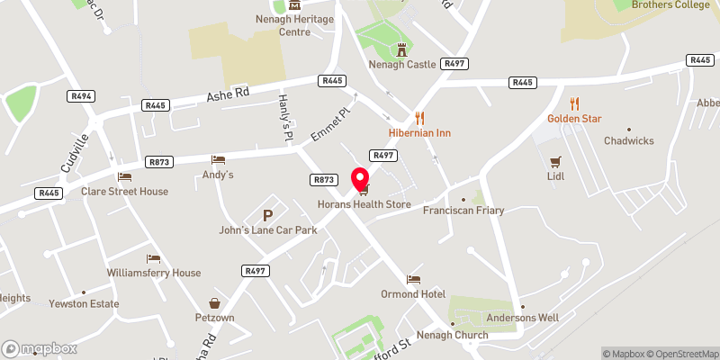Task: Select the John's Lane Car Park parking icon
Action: (x=267, y=215)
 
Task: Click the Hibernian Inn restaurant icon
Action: (x=419, y=118)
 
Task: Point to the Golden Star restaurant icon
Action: (x=575, y=103)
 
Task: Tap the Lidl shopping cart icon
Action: (x=555, y=163)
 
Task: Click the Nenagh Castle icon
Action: (x=401, y=49)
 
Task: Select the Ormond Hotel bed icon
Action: (x=413, y=280)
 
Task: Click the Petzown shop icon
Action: (x=214, y=303)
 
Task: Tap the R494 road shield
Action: (x=80, y=94)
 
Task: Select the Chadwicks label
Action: (x=628, y=141)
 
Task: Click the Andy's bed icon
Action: (x=218, y=159)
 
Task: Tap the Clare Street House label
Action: (x=124, y=192)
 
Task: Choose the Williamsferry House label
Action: (x=153, y=273)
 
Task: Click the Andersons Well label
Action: (x=523, y=318)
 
